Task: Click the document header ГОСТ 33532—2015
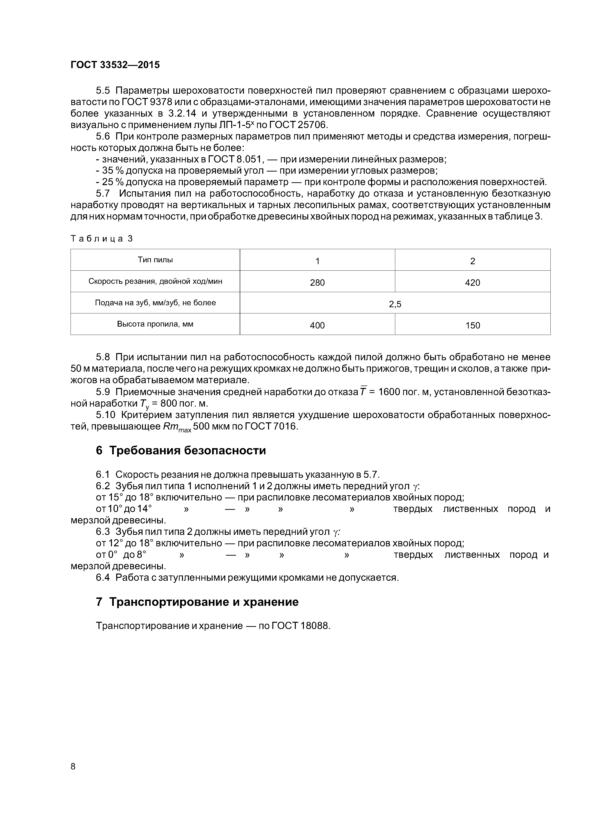(x=115, y=65)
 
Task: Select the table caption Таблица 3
(x=102, y=239)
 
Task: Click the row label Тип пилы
(x=155, y=260)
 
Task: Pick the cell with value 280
(x=317, y=283)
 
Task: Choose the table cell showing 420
(x=472, y=283)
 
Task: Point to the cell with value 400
(x=317, y=325)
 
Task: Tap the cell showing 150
(x=472, y=325)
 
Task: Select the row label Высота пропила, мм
(x=155, y=324)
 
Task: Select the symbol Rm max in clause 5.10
(x=176, y=427)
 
